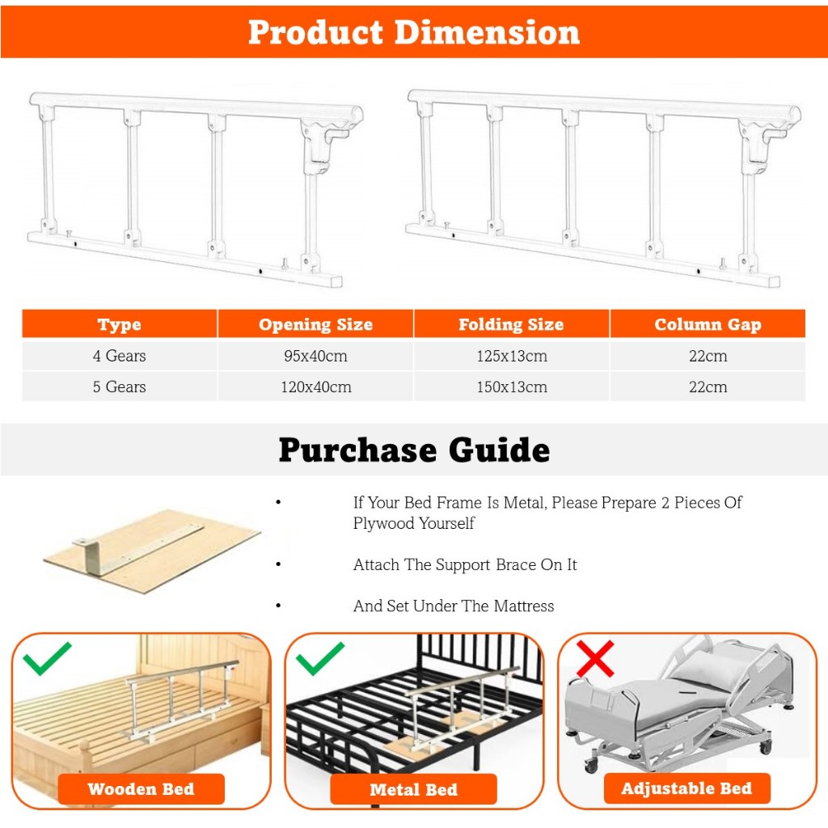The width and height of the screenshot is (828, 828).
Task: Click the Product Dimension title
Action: click(414, 32)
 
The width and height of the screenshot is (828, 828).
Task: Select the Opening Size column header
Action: click(316, 324)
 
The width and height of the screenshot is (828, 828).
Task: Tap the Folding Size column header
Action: click(511, 324)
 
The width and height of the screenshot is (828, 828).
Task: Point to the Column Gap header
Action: click(708, 324)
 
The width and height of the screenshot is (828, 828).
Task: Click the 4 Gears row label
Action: click(120, 356)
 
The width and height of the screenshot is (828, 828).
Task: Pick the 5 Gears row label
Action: click(120, 387)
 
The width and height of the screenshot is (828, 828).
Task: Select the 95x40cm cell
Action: click(316, 356)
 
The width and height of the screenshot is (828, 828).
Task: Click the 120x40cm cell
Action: click(316, 387)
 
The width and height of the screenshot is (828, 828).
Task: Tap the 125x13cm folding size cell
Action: click(512, 356)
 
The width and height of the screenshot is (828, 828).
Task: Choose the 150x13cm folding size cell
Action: click(512, 387)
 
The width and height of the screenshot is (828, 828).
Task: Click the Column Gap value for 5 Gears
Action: click(708, 387)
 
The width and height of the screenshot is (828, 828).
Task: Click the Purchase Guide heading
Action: click(414, 450)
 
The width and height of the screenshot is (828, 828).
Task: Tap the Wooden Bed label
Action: click(141, 789)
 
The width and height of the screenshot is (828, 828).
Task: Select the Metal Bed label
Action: click(413, 789)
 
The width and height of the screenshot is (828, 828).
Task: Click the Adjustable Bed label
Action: click(686, 788)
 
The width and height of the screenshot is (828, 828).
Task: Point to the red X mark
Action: click(595, 658)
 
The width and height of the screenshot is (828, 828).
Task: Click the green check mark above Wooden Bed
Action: click(47, 658)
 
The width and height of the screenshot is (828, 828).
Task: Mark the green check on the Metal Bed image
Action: click(320, 658)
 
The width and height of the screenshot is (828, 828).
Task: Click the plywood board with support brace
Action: click(151, 551)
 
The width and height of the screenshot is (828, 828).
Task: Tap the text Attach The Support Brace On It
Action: click(465, 564)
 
